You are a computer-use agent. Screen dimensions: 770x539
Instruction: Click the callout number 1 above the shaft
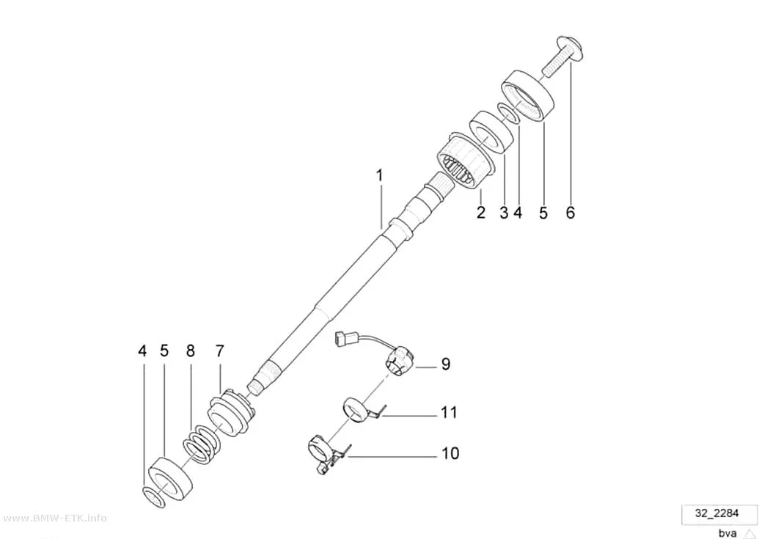point(379,176)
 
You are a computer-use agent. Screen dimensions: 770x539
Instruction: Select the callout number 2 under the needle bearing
point(481,213)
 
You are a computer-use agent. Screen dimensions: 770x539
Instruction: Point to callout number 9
point(445,364)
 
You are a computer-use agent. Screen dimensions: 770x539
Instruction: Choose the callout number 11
point(449,412)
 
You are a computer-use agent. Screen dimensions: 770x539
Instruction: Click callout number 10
point(450,453)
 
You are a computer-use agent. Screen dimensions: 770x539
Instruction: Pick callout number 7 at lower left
point(219,351)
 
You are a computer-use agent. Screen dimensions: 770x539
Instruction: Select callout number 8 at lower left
point(191,351)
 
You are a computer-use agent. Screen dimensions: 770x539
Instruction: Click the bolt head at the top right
point(571,48)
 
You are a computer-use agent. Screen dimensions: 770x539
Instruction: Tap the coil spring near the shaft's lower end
point(202,443)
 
